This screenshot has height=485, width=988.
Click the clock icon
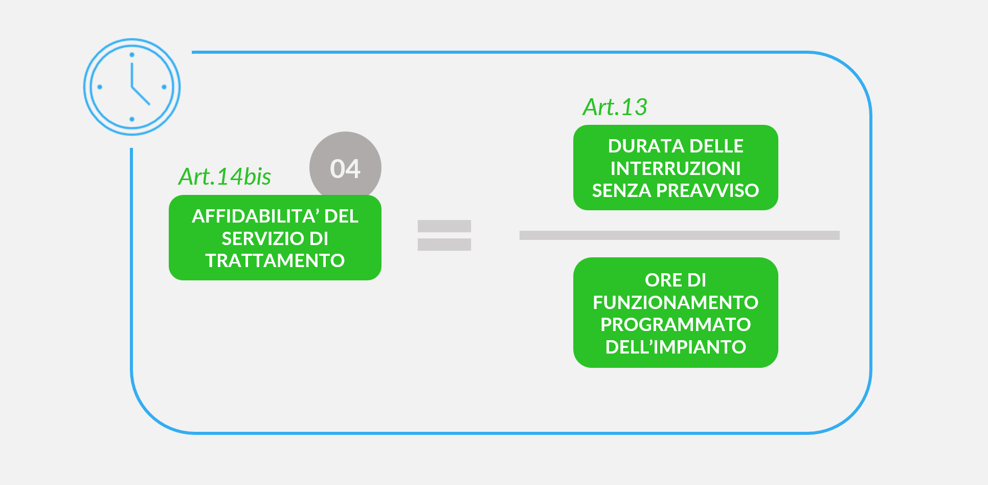132,87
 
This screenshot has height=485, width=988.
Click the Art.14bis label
224,177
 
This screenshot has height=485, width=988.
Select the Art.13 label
615,107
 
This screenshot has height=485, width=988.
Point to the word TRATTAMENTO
275,261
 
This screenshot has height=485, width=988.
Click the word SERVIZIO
262,239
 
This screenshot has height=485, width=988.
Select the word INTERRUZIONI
676,168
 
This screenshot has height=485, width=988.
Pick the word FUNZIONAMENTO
676,302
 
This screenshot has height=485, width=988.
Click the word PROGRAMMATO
676,324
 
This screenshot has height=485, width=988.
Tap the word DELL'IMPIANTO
676,347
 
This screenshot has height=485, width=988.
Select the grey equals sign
444,235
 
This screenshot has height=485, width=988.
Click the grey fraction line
679,235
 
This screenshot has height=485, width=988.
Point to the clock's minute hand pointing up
132,75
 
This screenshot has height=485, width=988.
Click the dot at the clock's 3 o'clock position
164,87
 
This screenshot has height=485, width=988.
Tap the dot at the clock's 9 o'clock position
100,87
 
